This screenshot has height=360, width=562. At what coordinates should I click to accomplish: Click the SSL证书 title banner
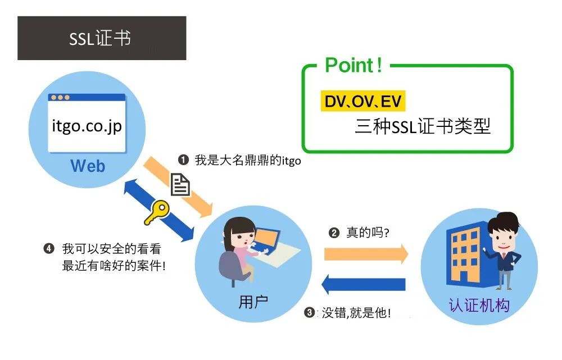101,38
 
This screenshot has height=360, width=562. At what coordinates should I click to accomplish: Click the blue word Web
87,166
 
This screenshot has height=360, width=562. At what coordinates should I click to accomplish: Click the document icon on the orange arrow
180,184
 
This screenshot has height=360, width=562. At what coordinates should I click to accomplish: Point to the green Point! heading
353,66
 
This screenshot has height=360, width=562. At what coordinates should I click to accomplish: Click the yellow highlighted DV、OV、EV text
362,102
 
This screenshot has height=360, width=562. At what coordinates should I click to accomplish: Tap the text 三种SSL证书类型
423,126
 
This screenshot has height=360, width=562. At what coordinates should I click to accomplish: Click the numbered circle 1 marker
183,160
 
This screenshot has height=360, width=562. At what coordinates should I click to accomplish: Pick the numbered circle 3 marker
309,313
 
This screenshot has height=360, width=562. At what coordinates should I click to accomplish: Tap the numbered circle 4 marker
49,248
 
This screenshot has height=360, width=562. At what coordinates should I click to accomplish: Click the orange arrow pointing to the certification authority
366,254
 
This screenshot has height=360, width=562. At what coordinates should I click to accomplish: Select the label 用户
253,302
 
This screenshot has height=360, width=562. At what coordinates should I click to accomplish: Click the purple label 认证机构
479,305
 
